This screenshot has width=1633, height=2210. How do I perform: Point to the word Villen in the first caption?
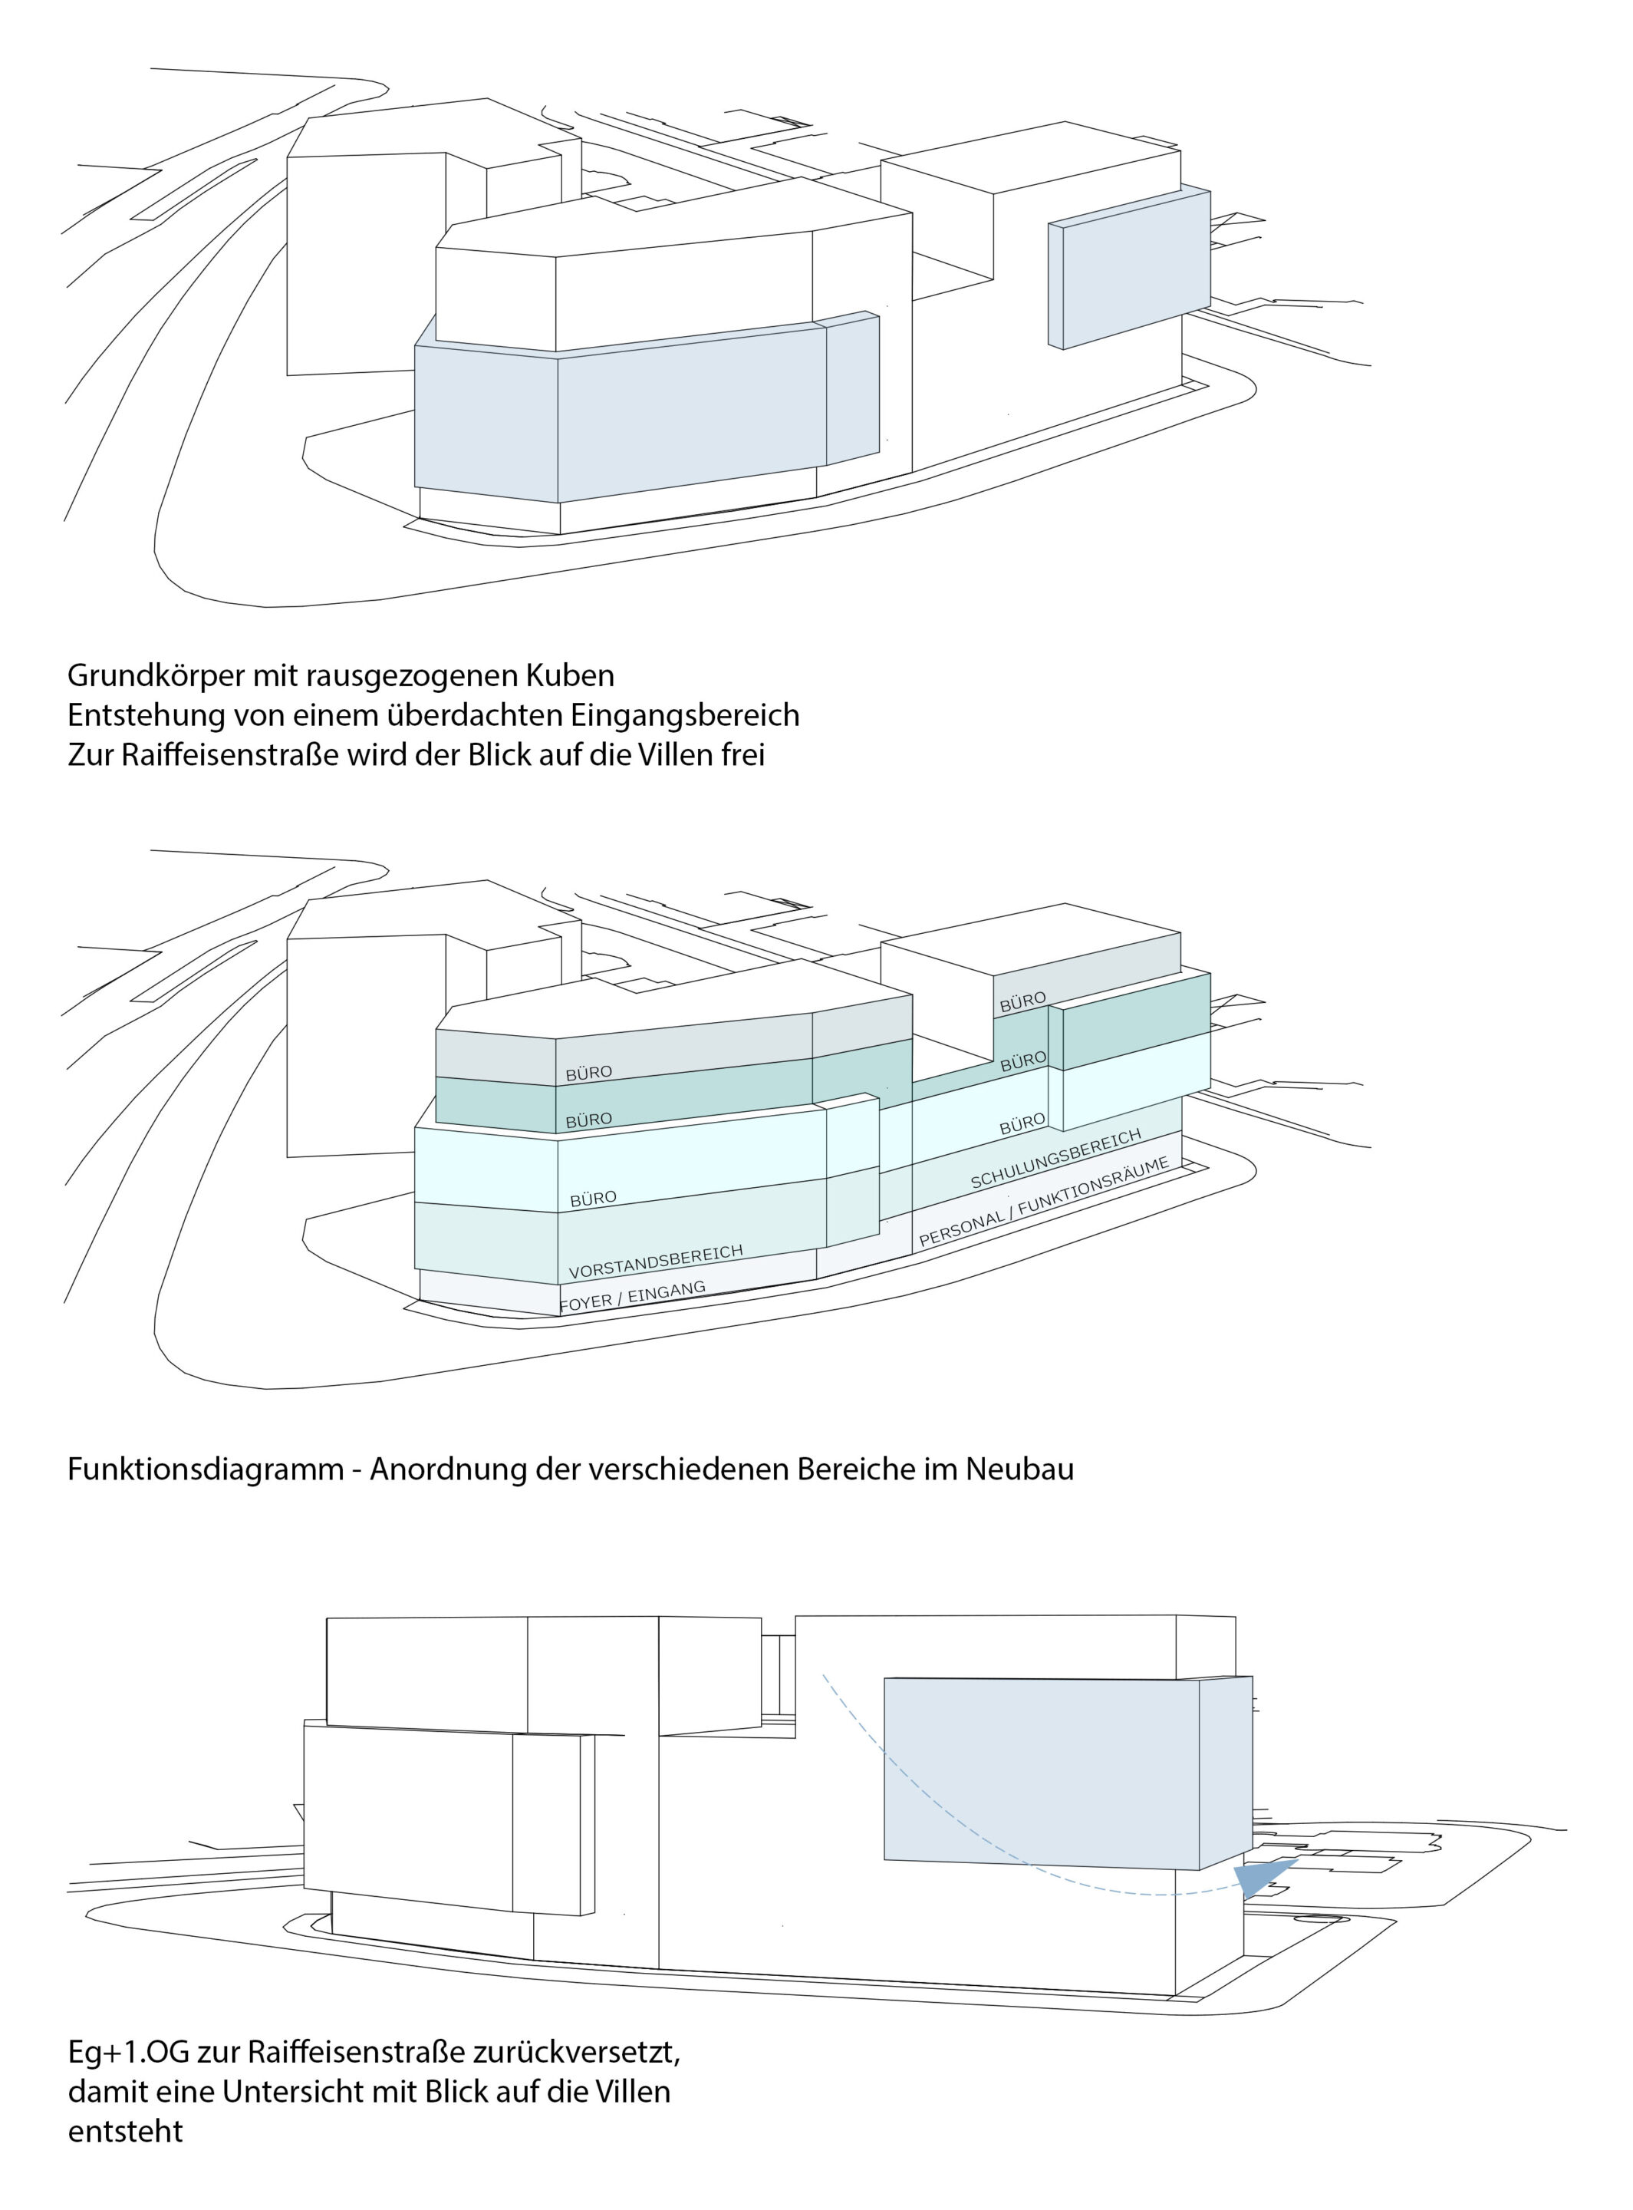tap(654, 755)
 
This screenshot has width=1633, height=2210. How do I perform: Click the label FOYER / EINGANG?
tap(633, 1296)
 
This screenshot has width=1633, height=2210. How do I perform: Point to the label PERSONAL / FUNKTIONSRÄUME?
tap(1044, 1202)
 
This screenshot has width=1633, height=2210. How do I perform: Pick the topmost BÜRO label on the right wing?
tap(1023, 1001)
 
